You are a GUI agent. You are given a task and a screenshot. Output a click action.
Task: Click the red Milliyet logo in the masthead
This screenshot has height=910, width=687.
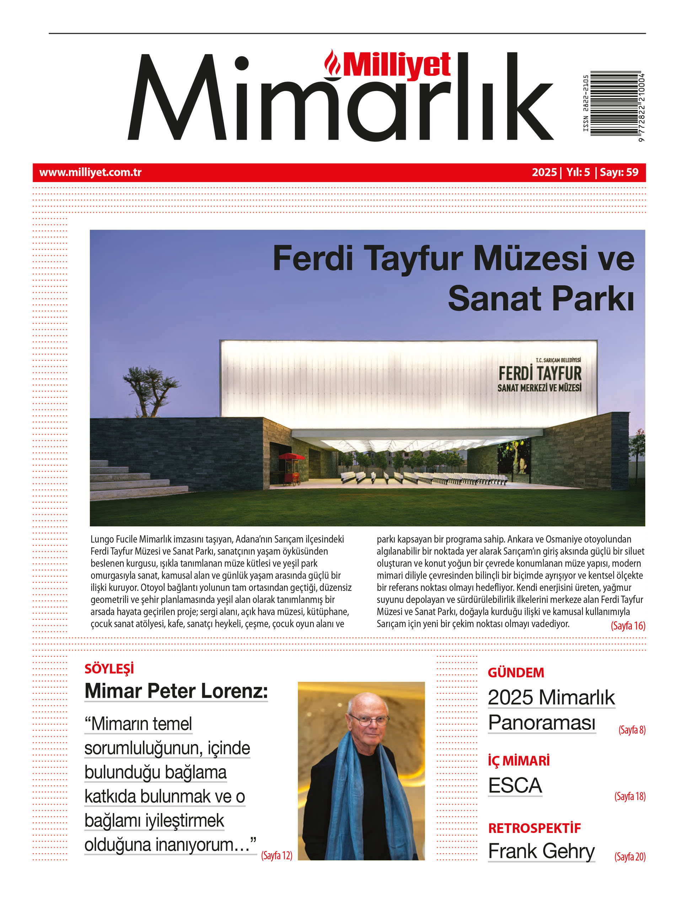389,65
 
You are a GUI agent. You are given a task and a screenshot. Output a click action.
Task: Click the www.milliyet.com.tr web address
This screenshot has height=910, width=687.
91,172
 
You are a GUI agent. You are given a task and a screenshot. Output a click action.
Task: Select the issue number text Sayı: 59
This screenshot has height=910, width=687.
619,172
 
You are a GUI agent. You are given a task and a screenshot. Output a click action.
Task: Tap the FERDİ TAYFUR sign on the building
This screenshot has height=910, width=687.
540,374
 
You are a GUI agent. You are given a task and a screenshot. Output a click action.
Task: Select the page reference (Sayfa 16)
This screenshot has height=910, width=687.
628,626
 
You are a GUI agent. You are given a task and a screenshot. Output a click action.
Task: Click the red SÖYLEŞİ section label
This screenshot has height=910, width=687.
109,669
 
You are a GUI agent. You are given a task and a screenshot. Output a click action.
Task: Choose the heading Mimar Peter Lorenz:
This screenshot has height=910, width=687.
176,691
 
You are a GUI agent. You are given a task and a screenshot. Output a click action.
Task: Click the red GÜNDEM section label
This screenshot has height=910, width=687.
515,673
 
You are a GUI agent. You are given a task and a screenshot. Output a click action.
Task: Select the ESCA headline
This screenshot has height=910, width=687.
515,785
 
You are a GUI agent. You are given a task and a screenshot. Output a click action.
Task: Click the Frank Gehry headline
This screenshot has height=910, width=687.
541,851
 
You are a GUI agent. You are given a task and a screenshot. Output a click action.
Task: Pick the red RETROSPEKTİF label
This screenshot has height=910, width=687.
534,828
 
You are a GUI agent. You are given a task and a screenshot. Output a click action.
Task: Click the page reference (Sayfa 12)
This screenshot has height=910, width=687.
277,855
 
